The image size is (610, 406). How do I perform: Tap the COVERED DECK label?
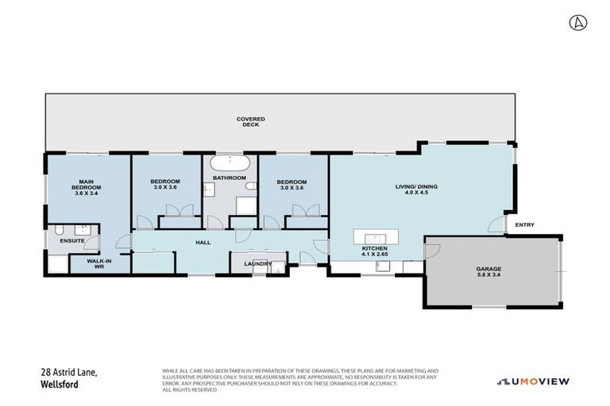pos(251,121)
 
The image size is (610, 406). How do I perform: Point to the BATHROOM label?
pos(230,178)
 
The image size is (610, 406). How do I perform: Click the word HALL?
pos(203,243)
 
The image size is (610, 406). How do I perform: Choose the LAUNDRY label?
pos(258,264)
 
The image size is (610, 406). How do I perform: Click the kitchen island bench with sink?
pos(374,238)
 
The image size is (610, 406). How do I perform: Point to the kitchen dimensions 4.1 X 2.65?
pos(374,254)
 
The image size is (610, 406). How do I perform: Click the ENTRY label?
pos(524,225)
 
